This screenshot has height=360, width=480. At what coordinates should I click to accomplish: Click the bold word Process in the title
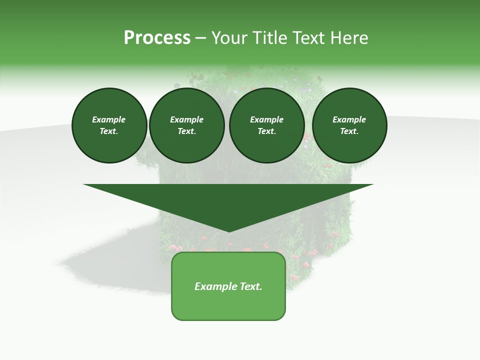tap(157, 38)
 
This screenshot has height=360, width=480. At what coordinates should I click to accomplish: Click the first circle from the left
tap(109, 125)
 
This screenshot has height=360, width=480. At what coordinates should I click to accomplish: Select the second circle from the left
tap(186, 125)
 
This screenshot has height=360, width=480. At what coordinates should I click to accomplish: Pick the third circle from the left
tap(266, 125)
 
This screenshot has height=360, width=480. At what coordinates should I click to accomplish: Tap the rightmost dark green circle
tap(349, 125)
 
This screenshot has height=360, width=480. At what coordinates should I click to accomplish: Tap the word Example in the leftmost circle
tap(109, 119)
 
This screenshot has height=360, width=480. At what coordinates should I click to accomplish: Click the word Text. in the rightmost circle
tap(349, 131)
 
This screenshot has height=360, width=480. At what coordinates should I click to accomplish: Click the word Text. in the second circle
tap(186, 131)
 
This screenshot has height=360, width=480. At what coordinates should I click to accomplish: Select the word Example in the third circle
tap(266, 119)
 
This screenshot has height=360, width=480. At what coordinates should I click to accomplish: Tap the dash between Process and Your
tap(200, 38)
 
